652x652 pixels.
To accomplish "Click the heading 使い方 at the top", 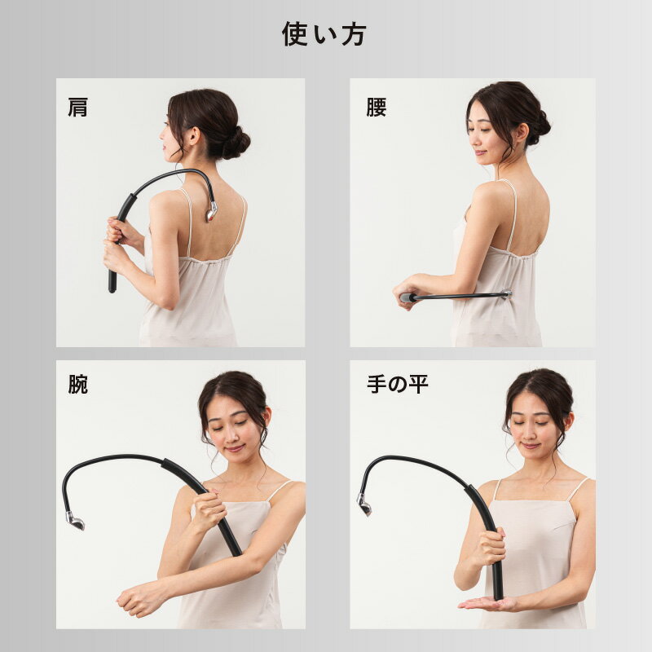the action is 324,34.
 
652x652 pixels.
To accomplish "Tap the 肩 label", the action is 78,107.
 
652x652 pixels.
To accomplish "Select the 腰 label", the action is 377,107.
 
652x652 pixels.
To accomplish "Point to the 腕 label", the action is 78,384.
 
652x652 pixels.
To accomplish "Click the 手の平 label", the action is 398,384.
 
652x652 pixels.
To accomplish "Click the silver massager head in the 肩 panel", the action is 211,211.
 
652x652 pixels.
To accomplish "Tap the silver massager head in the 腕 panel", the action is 75,521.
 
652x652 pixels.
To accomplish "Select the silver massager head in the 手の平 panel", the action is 364,504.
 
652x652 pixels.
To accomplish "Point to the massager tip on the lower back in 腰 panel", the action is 506,293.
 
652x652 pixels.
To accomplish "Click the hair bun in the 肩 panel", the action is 236,143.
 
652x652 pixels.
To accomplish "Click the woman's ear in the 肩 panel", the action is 193,135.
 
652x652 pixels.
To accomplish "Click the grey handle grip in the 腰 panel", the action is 407,297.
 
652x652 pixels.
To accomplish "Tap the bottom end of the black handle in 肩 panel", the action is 112,288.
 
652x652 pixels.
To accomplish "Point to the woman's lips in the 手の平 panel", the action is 531,446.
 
